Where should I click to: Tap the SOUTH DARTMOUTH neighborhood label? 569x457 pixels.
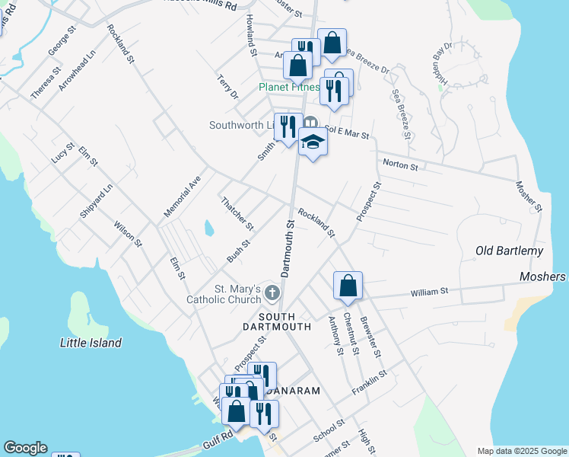coord(284,321)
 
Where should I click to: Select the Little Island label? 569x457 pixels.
coord(91,343)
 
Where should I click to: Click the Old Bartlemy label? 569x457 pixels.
coord(509,251)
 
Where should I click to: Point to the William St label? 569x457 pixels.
coord(430,292)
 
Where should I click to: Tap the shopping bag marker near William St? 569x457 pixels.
coord(348,286)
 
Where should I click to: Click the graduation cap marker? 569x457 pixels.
coord(313,142)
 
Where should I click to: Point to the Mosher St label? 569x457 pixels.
coord(528,196)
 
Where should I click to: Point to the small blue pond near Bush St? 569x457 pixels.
coord(208,228)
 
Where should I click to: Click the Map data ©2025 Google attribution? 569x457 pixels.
coord(521,451)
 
